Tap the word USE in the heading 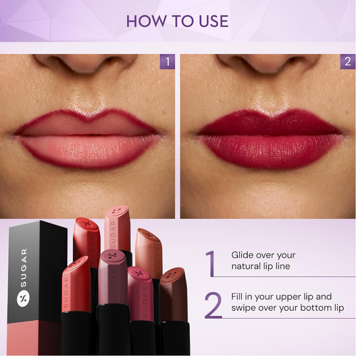point(213,22)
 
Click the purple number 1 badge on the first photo point(168,61)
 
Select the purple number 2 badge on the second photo point(348,61)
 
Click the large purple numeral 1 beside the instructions point(211,263)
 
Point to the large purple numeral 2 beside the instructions point(213,305)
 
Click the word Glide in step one point(242,255)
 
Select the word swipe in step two point(243,308)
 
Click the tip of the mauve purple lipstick point(113,255)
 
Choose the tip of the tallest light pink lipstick point(117,211)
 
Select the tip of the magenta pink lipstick point(139,273)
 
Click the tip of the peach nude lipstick point(149,235)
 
